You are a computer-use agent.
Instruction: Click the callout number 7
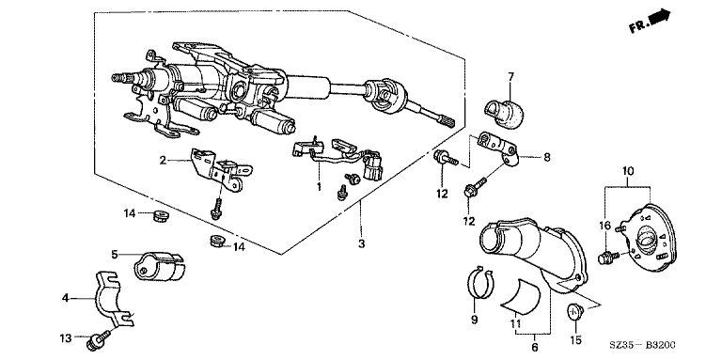click(x=510, y=76)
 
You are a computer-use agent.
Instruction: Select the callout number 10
click(x=628, y=171)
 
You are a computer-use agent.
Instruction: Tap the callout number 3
click(x=361, y=243)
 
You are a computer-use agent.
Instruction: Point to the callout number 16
click(x=604, y=226)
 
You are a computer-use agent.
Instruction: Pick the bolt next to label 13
click(x=98, y=337)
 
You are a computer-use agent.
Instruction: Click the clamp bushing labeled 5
click(x=158, y=266)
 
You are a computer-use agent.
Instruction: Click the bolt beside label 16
click(x=609, y=257)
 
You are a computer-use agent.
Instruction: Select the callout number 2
click(x=163, y=161)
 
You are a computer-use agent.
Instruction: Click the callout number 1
click(x=318, y=186)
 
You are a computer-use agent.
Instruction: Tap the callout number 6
click(x=534, y=347)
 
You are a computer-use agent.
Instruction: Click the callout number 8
click(x=546, y=158)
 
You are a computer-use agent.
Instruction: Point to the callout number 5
click(x=115, y=254)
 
